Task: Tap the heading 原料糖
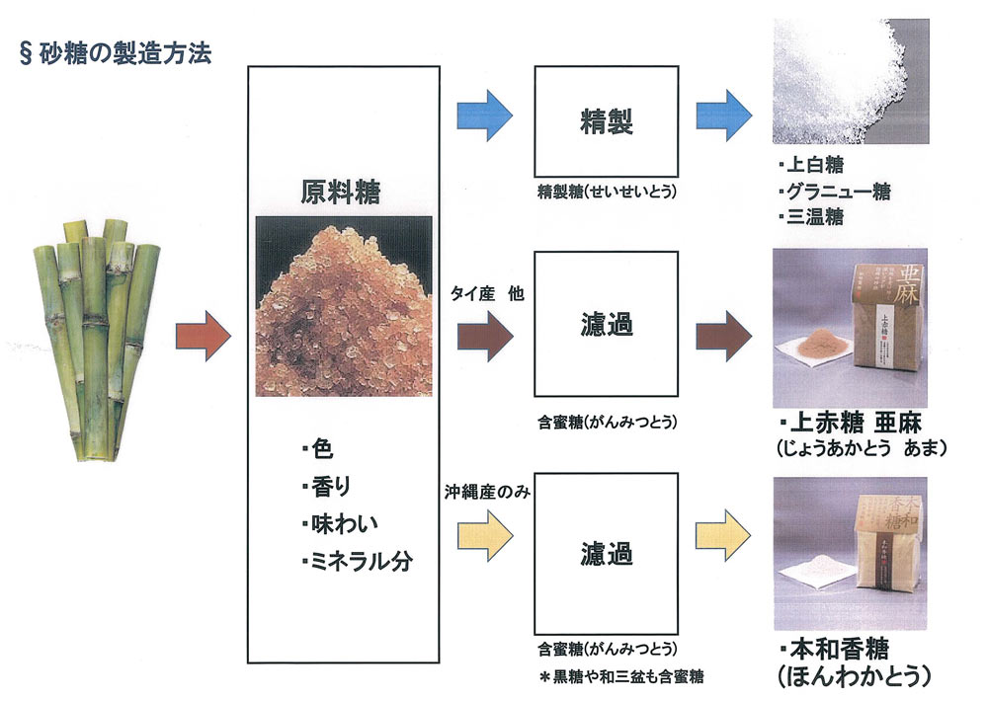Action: pos(342,192)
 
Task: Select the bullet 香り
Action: pos(326,488)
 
